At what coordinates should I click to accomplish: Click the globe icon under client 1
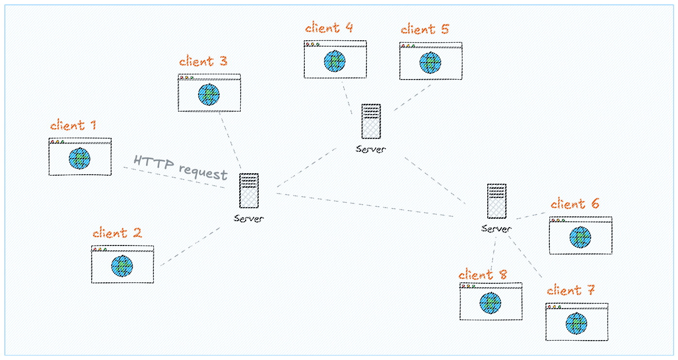tap(79, 159)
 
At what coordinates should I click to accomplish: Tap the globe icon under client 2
tap(122, 266)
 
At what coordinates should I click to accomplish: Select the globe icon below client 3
tap(209, 95)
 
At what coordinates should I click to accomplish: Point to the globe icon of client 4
tap(335, 62)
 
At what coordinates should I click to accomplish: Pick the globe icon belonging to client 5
tap(430, 63)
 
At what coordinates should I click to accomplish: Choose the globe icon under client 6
tap(580, 237)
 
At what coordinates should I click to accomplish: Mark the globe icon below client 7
tap(576, 324)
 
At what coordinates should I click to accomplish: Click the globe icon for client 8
tap(490, 303)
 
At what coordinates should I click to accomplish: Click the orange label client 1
tap(74, 126)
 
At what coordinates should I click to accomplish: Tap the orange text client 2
tap(116, 233)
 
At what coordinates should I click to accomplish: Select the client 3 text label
tap(203, 62)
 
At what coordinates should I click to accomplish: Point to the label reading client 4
tap(329, 28)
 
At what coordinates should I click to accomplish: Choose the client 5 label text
tap(425, 30)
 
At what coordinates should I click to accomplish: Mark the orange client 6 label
tap(575, 204)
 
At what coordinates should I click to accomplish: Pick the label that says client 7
tap(570, 291)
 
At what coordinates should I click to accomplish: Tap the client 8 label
tap(483, 275)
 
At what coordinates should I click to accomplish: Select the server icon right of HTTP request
tap(249, 191)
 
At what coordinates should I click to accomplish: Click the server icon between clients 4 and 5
tap(371, 122)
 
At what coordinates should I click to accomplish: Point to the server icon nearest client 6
tap(496, 201)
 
